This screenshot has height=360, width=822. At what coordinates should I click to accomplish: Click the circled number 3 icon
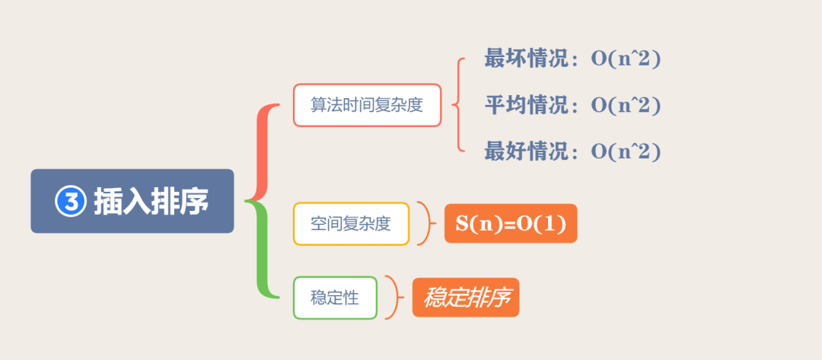point(70,202)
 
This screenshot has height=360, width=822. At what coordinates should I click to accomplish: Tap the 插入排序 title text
point(151,202)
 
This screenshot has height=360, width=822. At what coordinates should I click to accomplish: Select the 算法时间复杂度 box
point(367,105)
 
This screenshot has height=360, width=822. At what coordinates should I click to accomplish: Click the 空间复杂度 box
point(351,224)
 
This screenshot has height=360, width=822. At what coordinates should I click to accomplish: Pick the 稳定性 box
point(335,298)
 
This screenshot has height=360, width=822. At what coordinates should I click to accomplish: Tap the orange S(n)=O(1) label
point(511,224)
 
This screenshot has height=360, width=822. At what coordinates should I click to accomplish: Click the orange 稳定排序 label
point(466,298)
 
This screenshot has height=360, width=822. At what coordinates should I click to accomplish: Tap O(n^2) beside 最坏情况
point(626,59)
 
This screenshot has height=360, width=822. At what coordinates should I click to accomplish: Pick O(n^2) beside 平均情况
point(626,105)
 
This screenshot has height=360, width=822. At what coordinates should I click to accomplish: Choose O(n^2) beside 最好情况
point(626,151)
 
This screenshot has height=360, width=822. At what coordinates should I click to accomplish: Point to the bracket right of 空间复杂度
point(428,224)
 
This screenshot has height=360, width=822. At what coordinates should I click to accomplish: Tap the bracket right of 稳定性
point(394,298)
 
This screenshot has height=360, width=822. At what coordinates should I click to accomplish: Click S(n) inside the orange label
point(473,224)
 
